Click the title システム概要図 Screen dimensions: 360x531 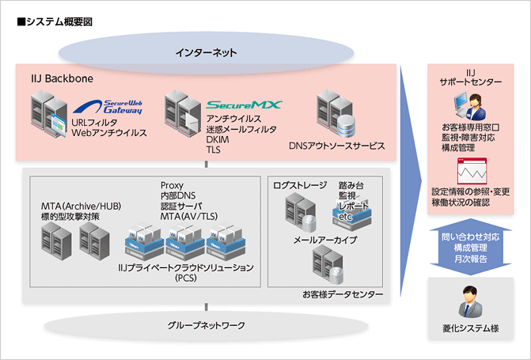point(55,21)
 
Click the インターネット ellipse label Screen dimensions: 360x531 point(207,53)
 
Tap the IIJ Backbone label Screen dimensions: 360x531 point(57,81)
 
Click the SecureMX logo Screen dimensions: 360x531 point(244,104)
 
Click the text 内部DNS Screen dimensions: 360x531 point(178,195)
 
